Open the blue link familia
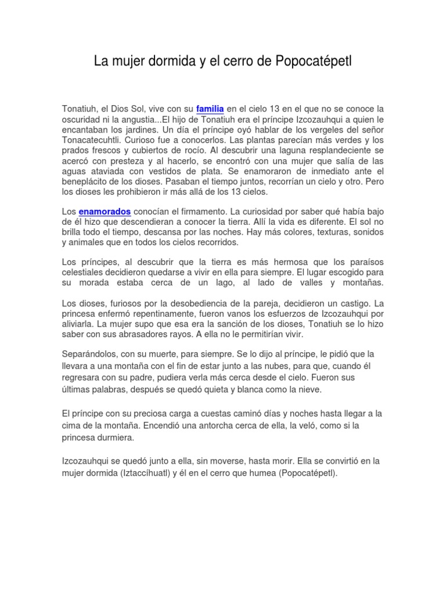point(210,109)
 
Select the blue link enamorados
point(105,212)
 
